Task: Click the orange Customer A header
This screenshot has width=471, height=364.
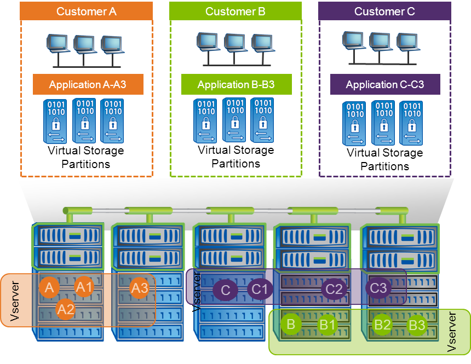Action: (87, 11)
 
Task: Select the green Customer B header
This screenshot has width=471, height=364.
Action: (235, 11)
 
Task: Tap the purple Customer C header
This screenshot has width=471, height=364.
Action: (384, 11)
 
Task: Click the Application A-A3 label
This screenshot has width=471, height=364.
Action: (88, 84)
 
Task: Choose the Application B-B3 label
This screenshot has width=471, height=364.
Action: (237, 84)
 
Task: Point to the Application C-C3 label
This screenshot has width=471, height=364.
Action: (385, 85)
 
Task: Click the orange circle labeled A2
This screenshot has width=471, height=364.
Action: (66, 309)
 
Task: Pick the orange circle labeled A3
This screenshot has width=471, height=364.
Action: (140, 288)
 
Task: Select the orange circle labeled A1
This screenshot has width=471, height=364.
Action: (84, 287)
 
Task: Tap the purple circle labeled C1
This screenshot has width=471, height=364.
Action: (259, 289)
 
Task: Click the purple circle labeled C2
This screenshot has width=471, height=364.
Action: (334, 288)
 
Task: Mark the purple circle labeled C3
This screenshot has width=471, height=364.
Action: (378, 287)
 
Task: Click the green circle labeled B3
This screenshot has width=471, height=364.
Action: (417, 325)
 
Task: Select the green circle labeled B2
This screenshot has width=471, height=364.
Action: (382, 325)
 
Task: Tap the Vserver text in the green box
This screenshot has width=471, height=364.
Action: (452, 332)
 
